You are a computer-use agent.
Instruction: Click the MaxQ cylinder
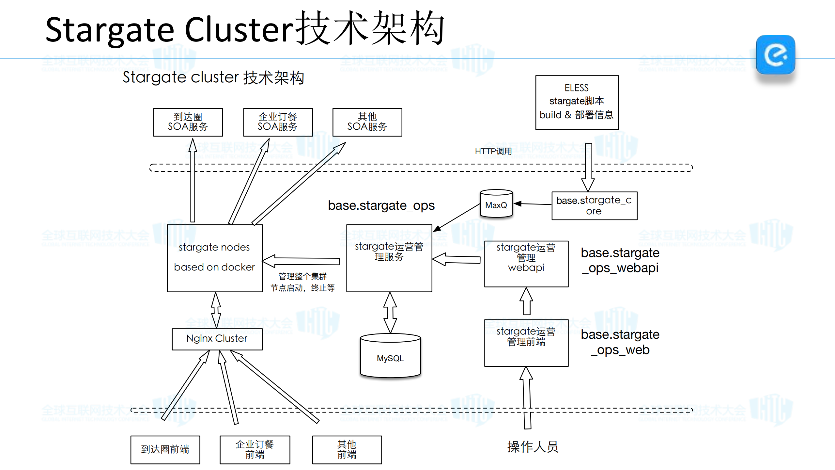[496, 204]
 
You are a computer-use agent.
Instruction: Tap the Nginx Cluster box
[217, 339]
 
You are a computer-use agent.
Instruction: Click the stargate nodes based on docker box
[214, 258]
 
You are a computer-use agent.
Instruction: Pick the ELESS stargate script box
[577, 102]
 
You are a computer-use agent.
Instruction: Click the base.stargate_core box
[594, 205]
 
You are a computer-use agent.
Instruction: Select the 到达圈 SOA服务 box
[188, 122]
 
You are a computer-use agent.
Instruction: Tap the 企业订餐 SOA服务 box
[278, 122]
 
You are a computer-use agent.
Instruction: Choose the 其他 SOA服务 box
[367, 122]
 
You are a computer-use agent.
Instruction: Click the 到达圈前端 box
[165, 449]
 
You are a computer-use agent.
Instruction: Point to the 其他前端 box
[347, 449]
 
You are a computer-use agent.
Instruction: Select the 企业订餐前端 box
[255, 449]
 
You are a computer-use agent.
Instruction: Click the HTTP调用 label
[493, 151]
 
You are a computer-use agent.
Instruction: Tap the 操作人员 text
[533, 447]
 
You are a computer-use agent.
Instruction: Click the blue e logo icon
[775, 55]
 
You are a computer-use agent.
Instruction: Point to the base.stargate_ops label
[381, 205]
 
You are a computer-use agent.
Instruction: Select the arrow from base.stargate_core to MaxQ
[533, 204]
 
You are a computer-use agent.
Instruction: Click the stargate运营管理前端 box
[526, 343]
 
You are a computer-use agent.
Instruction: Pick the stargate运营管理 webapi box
[526, 264]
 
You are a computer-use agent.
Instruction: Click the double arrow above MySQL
[390, 312]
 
